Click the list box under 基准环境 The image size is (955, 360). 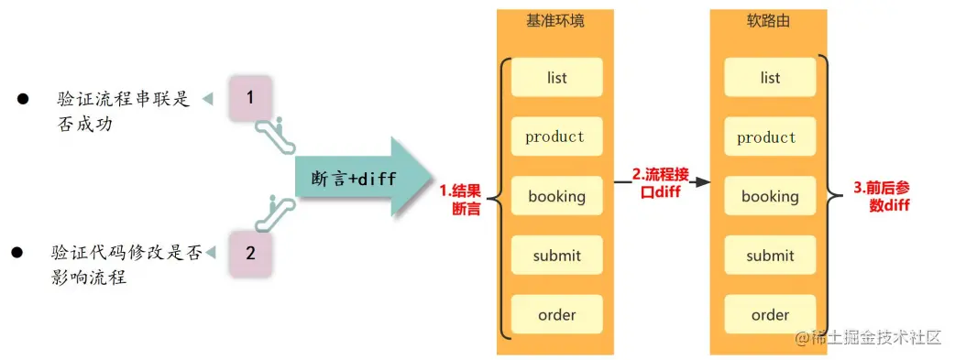[556, 78]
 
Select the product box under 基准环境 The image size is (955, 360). [556, 137]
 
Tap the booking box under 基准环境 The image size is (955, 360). [556, 196]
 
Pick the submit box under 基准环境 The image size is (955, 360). [556, 256]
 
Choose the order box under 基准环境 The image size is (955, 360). [556, 315]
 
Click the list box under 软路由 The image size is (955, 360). [770, 78]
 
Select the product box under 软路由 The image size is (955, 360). [770, 137]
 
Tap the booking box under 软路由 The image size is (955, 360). [770, 196]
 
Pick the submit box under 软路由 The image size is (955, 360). [770, 256]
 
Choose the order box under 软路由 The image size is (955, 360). [770, 315]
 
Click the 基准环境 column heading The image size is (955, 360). [556, 20]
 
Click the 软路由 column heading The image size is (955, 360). [770, 20]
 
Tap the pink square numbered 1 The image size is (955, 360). [250, 96]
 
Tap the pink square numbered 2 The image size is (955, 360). [250, 253]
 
